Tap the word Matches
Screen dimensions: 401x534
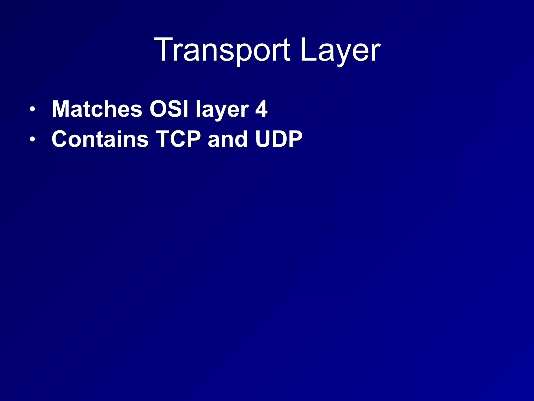97,109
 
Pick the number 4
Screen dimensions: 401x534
261,109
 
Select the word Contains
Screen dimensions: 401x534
100,139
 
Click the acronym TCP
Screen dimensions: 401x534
178,139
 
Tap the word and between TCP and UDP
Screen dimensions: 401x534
228,139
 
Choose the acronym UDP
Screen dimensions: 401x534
279,139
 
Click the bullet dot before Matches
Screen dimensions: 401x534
32,109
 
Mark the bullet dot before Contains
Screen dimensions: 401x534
32,139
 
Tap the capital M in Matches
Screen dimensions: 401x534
62,109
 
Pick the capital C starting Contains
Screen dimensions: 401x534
60,139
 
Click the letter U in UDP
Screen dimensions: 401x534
264,139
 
